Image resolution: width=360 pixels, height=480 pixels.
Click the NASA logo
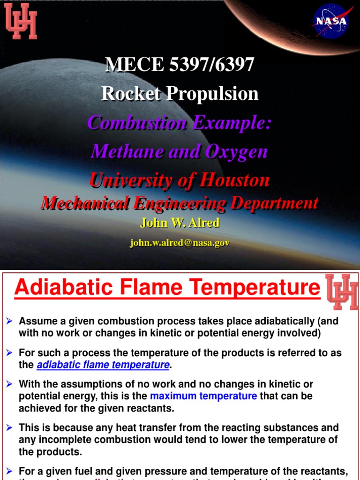pos(331,21)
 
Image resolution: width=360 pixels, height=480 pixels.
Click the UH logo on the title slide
pos(21,21)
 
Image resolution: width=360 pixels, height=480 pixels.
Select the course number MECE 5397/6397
pos(180,65)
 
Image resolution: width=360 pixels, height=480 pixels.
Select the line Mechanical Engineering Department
pos(180,202)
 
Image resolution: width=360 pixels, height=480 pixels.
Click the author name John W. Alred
pos(180,223)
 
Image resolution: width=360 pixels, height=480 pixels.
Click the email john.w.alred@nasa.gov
pos(180,243)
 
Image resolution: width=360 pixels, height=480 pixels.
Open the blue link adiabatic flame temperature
pos(103,365)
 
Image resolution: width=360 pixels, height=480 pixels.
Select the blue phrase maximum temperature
pos(203,396)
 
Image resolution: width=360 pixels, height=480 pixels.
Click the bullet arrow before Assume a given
pos(9,321)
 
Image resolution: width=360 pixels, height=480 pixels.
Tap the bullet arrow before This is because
pos(9,427)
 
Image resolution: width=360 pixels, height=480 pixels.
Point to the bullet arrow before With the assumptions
pos(9,384)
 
